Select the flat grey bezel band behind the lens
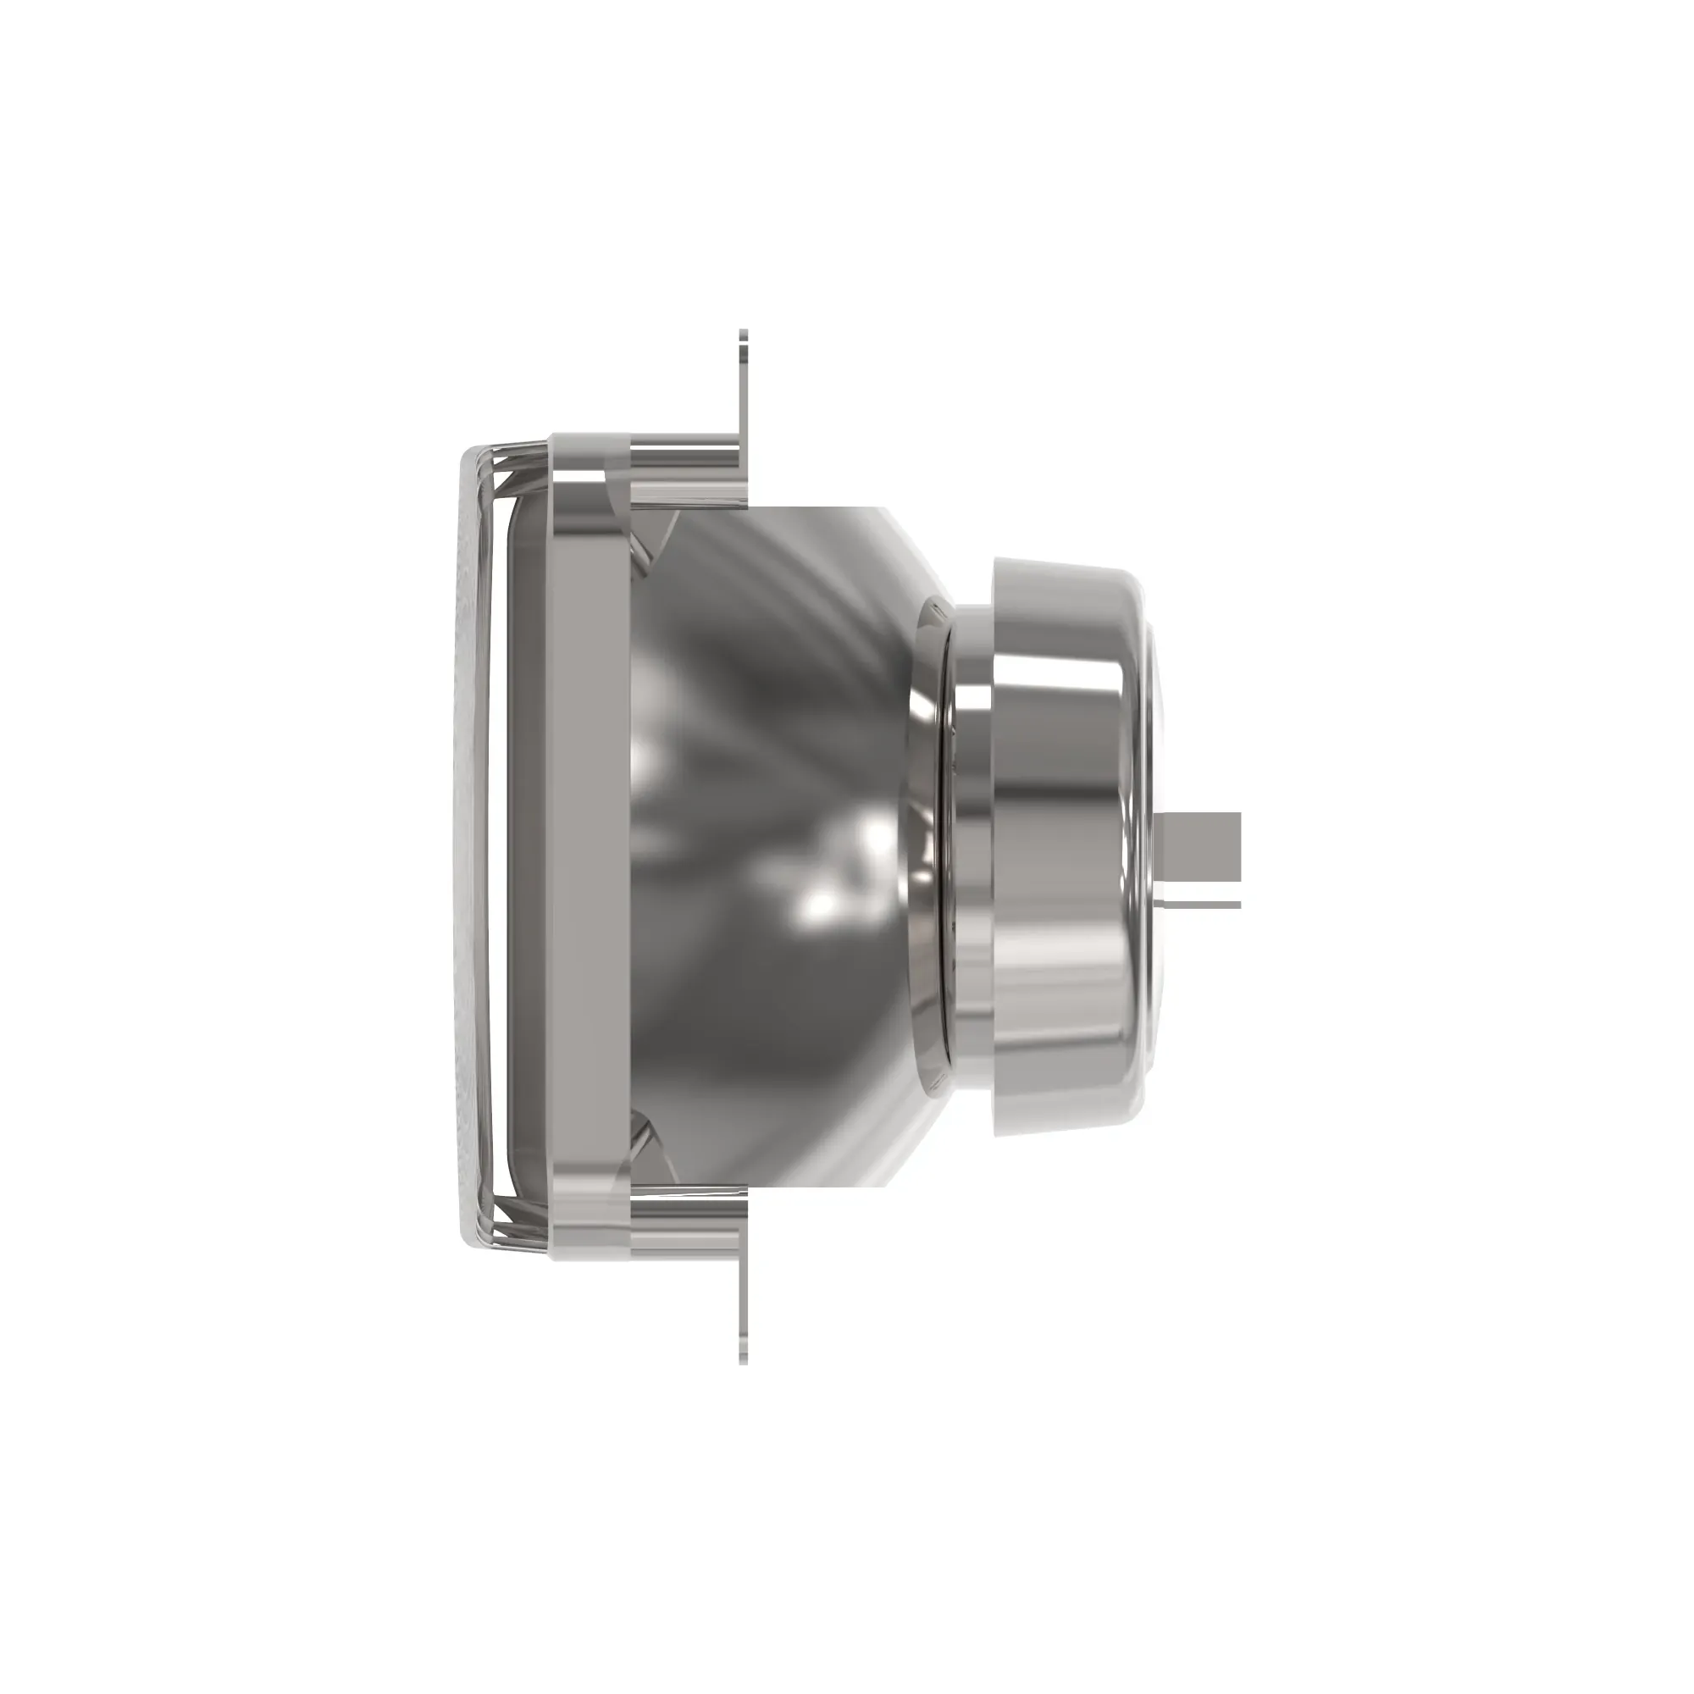coord(592,846)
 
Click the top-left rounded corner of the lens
coord(473,456)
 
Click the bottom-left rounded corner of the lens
coord(473,1237)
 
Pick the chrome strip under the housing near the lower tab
coord(689,1227)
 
